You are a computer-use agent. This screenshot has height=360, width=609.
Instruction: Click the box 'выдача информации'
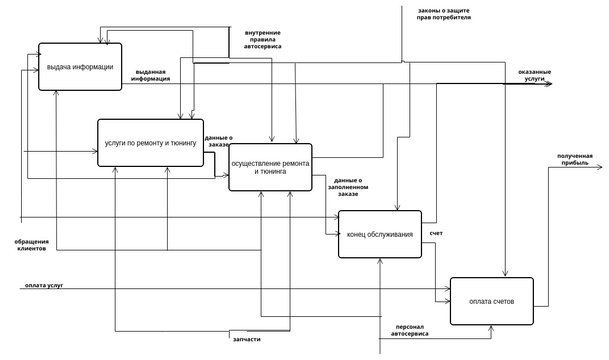tap(80, 67)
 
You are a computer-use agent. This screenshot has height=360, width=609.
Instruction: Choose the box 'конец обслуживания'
tap(380, 234)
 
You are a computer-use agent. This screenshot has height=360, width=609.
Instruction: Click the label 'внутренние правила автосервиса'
tap(262, 38)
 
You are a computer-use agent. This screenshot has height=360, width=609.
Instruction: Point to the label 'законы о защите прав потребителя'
tap(443, 14)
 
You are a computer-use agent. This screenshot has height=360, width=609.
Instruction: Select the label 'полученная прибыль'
tap(574, 159)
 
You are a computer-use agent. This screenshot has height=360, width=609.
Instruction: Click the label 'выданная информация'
tap(151, 75)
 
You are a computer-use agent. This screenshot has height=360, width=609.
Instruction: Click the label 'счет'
tap(436, 233)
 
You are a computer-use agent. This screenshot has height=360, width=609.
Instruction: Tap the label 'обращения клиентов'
tap(32, 245)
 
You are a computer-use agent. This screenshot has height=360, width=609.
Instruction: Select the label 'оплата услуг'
tap(44, 285)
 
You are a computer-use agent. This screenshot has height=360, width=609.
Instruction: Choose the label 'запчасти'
tap(247, 339)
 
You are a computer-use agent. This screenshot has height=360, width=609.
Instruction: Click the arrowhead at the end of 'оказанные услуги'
tap(547, 84)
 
